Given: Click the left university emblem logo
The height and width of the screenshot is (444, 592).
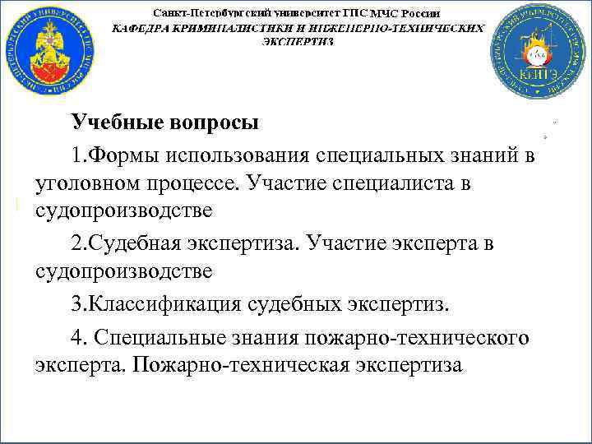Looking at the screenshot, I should point(49,49).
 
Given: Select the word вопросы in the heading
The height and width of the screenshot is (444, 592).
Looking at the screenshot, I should point(214,123).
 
